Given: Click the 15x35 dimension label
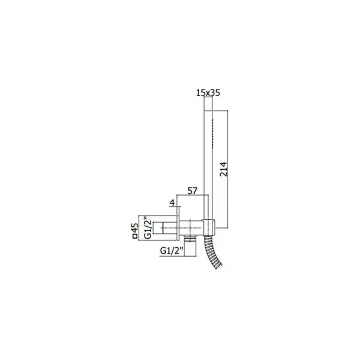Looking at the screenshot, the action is pos(208,93).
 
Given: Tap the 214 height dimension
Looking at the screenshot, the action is pos(223,169).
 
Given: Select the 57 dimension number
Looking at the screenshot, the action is pos(193,191).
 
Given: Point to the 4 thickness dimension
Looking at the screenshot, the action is pos(172,203).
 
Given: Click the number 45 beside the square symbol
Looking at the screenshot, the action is pos(136,228).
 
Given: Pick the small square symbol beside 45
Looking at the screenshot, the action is pos(135,236).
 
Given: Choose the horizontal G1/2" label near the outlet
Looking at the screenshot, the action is pos(172,250).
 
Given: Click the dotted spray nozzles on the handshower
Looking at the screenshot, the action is pos(213,133).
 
